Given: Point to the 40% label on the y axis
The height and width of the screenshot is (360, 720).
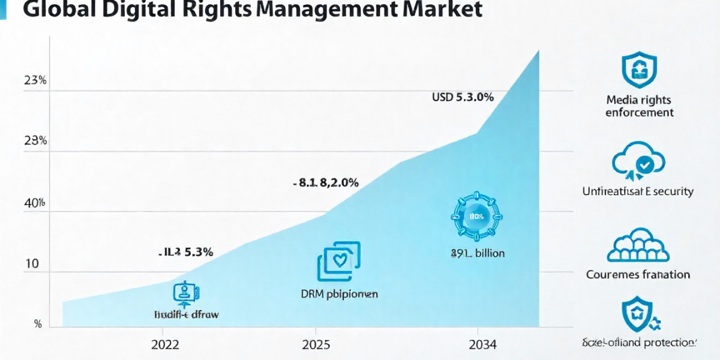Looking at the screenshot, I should (x=35, y=204).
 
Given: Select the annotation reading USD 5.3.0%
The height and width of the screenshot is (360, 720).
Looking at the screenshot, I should (x=463, y=97).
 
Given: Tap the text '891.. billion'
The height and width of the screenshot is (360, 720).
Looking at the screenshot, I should (x=478, y=253).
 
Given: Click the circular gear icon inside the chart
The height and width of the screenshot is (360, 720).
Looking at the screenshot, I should (x=477, y=216).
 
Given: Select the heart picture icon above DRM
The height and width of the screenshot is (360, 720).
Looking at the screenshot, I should (x=338, y=262).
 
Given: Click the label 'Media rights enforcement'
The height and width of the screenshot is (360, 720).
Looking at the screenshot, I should (x=639, y=106).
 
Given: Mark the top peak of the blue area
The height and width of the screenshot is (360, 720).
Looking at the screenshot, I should (x=538, y=51).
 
